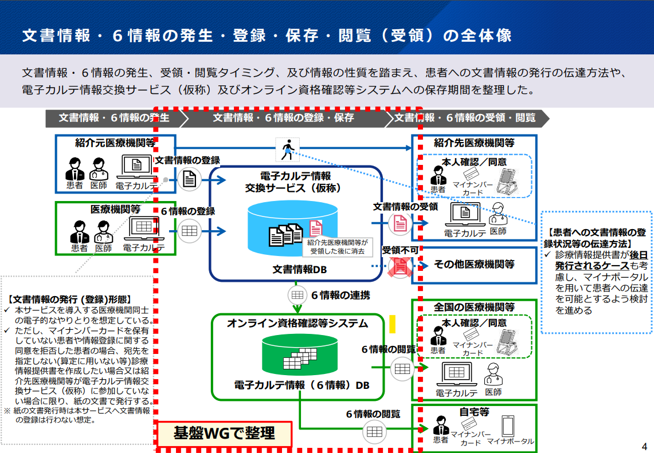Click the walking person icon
pos(287,150)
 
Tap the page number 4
pos(644,447)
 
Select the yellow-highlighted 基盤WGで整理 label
pos(224,434)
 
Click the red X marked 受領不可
pos(400,266)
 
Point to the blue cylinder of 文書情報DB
pos(292,229)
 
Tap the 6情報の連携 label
pos(340,295)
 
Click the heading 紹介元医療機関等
pos(115,143)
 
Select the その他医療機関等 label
pos(474,264)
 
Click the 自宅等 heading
pos(474,412)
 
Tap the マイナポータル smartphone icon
pos(508,426)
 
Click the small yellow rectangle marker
pos(392,324)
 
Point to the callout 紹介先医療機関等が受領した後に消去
pos(338,247)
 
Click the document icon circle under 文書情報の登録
pos(189,180)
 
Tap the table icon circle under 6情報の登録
pos(189,231)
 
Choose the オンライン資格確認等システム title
pos(297,324)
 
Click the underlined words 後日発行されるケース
pos(601,260)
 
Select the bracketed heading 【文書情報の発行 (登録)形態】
pos(69,299)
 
